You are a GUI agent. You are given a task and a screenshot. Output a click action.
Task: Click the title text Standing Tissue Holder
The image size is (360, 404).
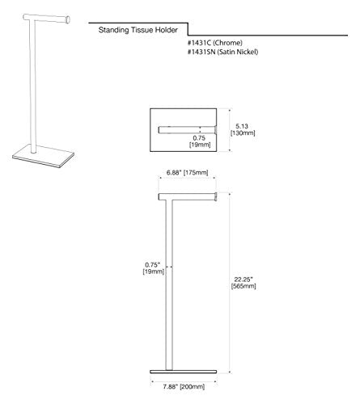click(x=138, y=30)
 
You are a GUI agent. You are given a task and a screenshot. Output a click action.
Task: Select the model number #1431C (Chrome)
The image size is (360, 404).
click(x=215, y=43)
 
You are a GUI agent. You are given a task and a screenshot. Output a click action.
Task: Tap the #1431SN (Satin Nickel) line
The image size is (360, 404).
click(x=222, y=52)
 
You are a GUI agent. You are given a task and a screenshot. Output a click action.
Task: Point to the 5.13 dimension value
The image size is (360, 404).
click(x=242, y=126)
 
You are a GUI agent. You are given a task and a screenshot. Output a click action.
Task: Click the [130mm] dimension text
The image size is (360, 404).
click(x=243, y=133)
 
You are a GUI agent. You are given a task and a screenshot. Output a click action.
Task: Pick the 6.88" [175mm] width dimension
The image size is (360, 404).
click(x=188, y=173)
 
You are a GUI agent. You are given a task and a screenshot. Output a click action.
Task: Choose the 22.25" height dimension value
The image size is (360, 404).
click(x=244, y=280)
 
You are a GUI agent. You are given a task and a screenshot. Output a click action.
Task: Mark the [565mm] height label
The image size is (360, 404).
click(x=244, y=286)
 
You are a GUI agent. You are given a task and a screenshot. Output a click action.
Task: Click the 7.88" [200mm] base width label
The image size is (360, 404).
click(x=184, y=387)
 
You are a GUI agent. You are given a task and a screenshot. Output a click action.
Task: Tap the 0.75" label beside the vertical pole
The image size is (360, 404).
click(x=153, y=265)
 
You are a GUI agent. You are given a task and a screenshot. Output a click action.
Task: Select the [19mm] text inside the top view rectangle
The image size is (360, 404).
click(x=200, y=145)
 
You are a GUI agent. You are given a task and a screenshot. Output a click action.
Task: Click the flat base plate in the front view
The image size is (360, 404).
click(x=184, y=372)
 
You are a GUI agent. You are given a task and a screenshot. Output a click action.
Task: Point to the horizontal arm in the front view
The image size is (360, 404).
click(x=188, y=197)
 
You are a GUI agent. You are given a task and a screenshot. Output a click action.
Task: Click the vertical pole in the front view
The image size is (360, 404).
click(x=169, y=285)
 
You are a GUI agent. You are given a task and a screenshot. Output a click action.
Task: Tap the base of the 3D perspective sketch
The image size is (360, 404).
click(x=43, y=157)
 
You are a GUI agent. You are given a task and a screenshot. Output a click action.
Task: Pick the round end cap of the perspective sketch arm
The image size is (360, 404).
click(x=68, y=20)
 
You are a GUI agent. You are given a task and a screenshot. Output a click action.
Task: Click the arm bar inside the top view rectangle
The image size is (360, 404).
click(x=188, y=130)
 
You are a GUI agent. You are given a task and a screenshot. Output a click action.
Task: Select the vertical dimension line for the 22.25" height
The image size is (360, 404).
click(x=230, y=283)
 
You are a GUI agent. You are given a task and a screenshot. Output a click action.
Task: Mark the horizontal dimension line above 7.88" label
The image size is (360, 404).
click(x=184, y=381)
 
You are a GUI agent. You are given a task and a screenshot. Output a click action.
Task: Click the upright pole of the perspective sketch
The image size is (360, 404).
click(x=32, y=86)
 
